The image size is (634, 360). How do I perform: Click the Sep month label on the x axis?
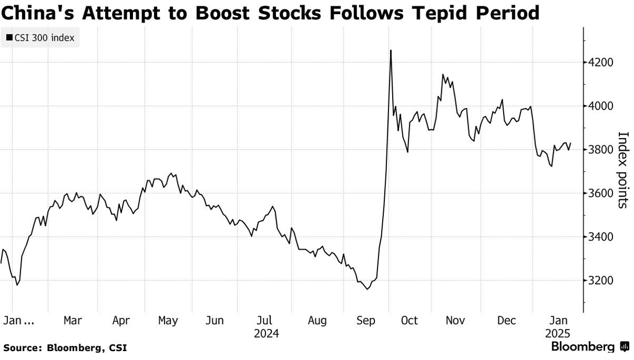[x=365, y=321]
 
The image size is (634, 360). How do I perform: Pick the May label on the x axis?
[x=168, y=321]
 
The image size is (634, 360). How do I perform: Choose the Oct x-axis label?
[x=409, y=321]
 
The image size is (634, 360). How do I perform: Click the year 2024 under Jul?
[x=266, y=334]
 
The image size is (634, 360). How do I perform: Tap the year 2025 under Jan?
[x=557, y=334]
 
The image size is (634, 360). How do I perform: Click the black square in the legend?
[x=9, y=38]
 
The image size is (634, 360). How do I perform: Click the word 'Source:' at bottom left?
[x=23, y=348]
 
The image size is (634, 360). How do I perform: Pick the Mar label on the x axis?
[x=72, y=321]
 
